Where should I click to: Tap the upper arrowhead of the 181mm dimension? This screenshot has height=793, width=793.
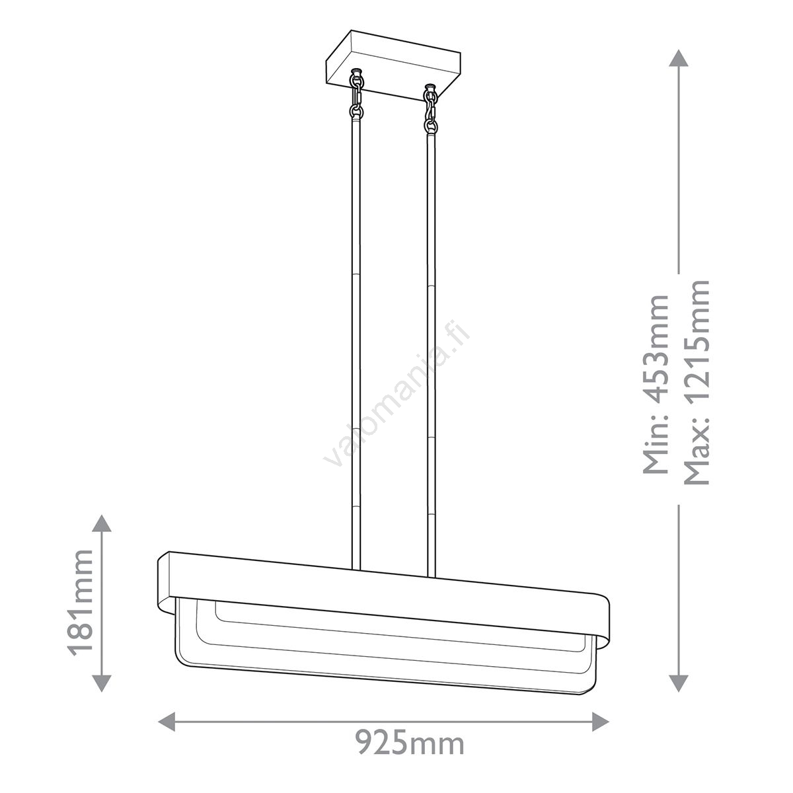tap(101, 524)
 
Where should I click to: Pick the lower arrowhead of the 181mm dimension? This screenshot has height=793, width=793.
tap(101, 681)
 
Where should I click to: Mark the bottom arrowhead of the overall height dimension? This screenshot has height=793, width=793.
tap(678, 682)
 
